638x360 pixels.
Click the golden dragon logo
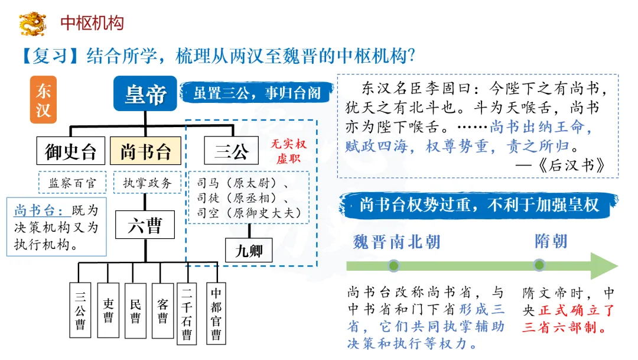pos(32,24)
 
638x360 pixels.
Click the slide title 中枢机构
pos(92,23)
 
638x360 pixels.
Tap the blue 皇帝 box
pos(145,93)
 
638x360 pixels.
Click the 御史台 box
pos(70,151)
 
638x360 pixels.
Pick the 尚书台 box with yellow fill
pos(145,151)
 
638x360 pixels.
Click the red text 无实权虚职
pos(288,152)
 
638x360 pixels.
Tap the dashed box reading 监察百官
pos(71,183)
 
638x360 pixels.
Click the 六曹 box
pos(145,225)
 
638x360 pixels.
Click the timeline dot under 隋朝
pos(539,265)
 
